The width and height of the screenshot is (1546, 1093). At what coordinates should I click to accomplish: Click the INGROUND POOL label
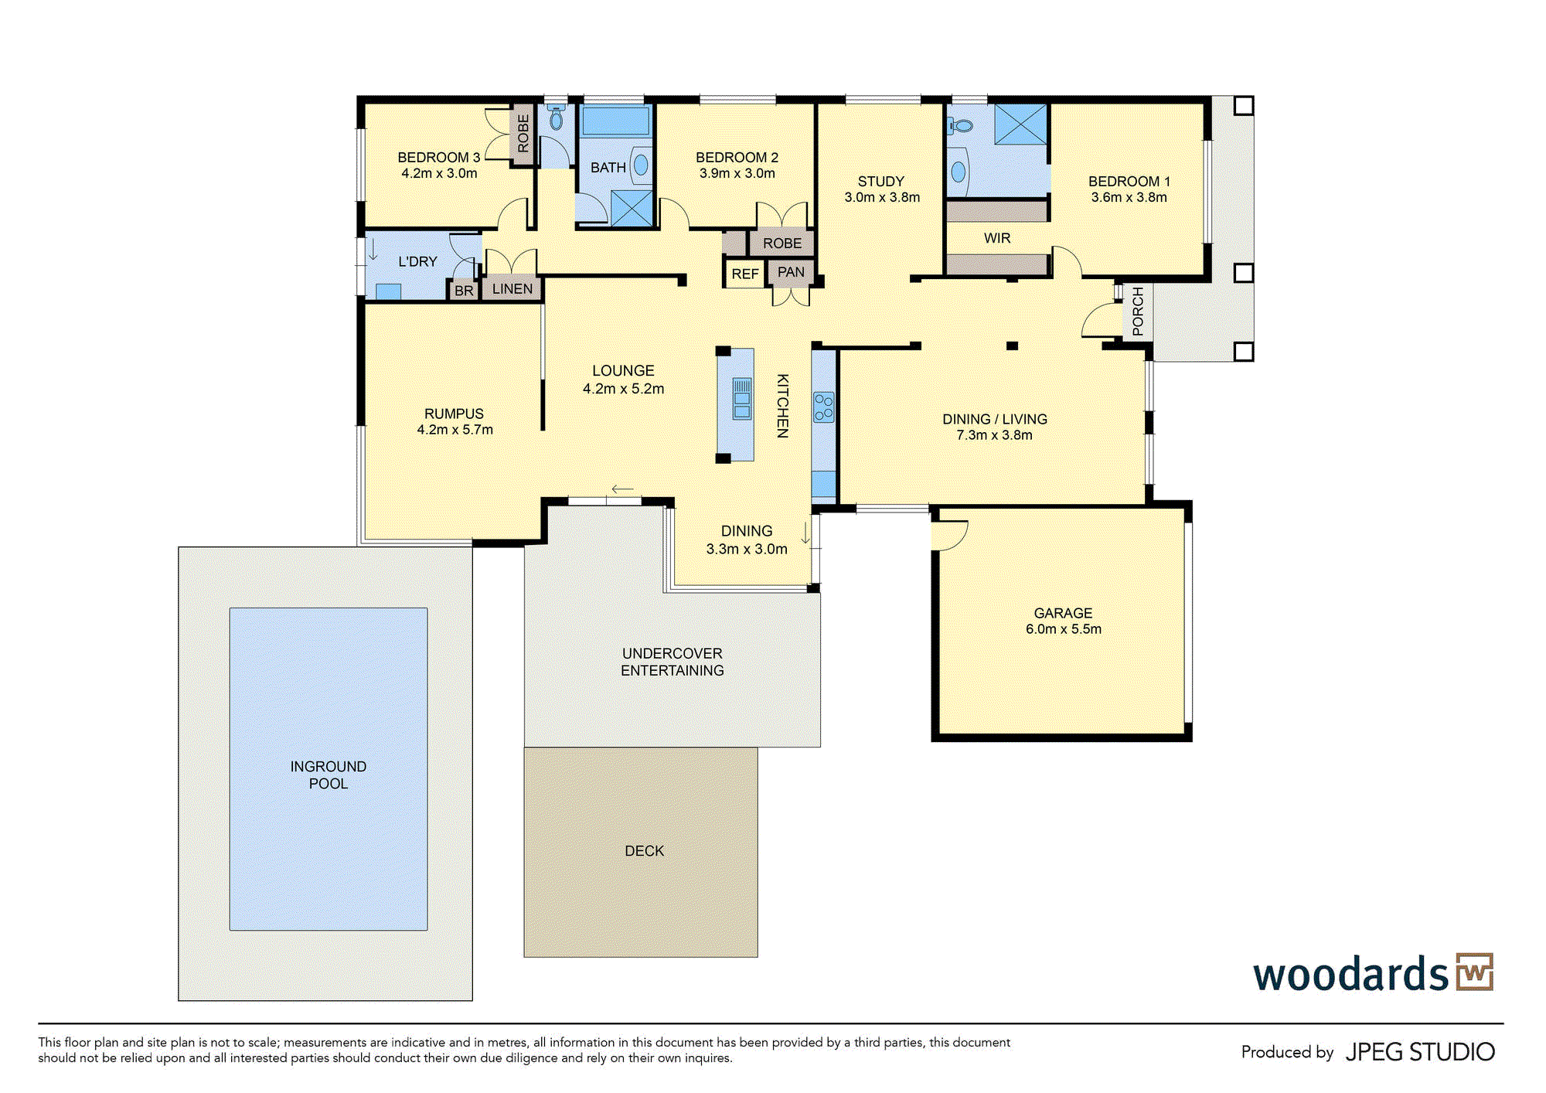click(x=329, y=775)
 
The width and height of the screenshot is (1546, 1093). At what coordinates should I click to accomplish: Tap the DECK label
click(x=644, y=851)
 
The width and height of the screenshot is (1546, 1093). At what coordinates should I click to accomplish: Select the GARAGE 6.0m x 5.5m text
click(x=1064, y=621)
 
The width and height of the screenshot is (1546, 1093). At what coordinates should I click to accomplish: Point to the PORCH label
click(x=1138, y=312)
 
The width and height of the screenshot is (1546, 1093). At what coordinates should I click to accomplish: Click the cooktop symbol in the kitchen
click(x=824, y=407)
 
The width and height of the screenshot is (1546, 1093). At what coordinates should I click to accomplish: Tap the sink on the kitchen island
click(x=742, y=398)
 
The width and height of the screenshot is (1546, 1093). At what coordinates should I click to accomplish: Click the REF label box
click(x=745, y=274)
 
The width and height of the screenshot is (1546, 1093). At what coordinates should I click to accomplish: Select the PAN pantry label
click(x=791, y=272)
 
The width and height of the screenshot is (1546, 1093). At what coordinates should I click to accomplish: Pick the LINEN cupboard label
click(x=512, y=289)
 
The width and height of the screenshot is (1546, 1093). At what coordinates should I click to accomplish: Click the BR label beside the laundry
click(x=464, y=291)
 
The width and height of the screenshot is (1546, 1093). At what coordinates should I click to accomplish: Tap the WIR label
click(x=997, y=238)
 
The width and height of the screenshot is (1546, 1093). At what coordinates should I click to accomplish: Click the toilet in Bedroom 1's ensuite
click(x=960, y=125)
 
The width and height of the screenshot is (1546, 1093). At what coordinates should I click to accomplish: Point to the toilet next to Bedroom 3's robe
click(x=556, y=117)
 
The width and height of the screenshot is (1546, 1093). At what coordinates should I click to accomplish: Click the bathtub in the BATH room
click(x=615, y=121)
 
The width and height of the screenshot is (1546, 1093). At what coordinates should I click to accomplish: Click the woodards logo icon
click(x=1475, y=972)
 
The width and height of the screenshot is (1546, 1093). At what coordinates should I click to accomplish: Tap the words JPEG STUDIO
click(x=1421, y=1052)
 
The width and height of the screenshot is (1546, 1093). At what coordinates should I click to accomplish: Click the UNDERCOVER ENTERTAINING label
click(x=673, y=662)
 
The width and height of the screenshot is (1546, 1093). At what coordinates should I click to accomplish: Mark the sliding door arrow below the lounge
click(x=622, y=489)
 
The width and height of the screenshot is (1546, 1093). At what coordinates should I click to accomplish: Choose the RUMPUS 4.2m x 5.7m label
click(x=455, y=421)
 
